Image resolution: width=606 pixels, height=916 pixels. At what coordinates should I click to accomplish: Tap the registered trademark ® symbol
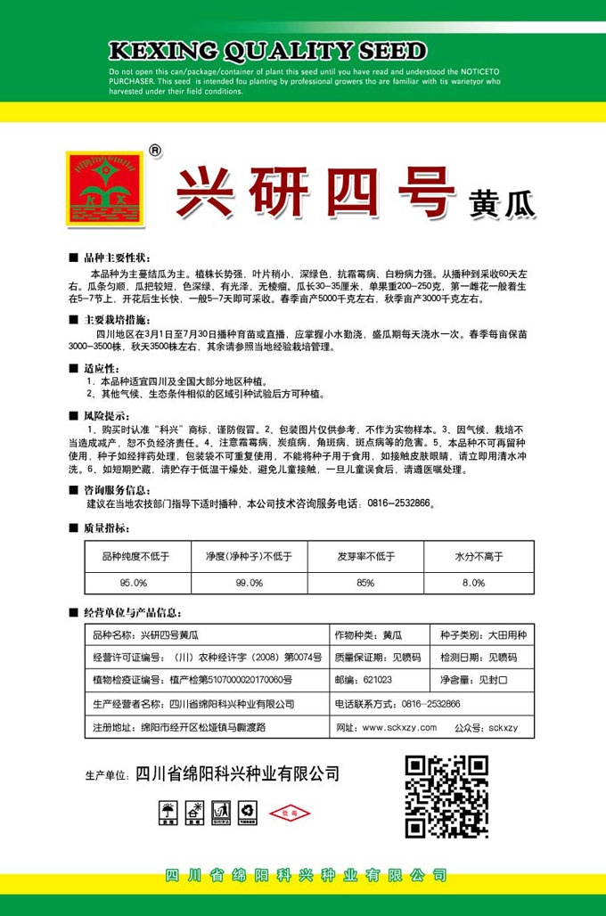click(x=156, y=151)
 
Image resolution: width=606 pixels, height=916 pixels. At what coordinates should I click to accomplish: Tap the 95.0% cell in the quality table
click(x=134, y=582)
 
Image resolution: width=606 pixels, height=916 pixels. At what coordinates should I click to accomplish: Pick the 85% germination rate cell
click(x=364, y=582)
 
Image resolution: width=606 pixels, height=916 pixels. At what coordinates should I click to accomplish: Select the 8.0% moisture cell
click(x=479, y=582)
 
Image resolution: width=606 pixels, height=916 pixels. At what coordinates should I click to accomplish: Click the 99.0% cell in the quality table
click(x=250, y=582)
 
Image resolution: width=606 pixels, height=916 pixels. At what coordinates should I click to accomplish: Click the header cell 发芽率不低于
click(x=364, y=556)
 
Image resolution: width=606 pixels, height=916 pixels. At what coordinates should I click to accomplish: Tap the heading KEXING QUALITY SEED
click(x=266, y=50)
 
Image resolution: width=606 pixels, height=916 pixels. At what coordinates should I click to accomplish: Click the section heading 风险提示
click(x=105, y=416)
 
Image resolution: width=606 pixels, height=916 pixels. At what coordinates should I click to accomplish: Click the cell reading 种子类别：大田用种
click(x=483, y=634)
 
